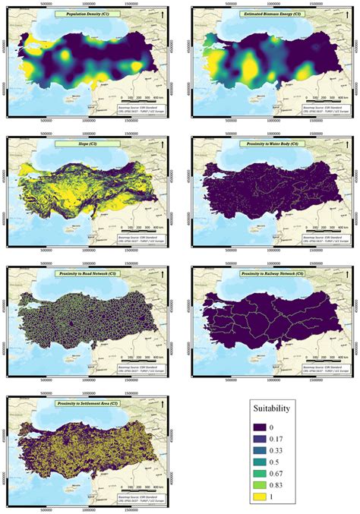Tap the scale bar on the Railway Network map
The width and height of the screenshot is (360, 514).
pyautogui.click(x=330, y=356)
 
